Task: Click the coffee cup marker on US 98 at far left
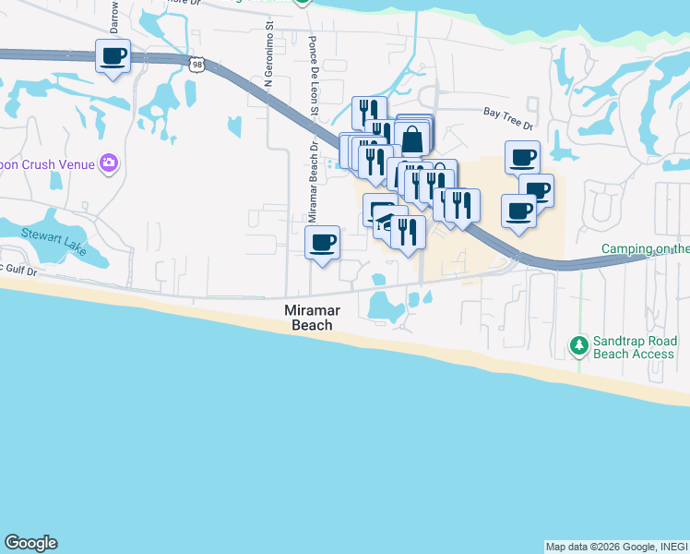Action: pos(113,56)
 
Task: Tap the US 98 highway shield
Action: pos(195,63)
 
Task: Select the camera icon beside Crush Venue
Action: pos(109,163)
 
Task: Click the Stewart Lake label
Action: pos(54,235)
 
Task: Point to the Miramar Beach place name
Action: pos(308,319)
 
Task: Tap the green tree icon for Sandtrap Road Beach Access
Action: pos(578,345)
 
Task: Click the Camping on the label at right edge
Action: pos(645,248)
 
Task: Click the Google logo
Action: pos(30,543)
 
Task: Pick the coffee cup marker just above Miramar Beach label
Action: pos(322,244)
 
